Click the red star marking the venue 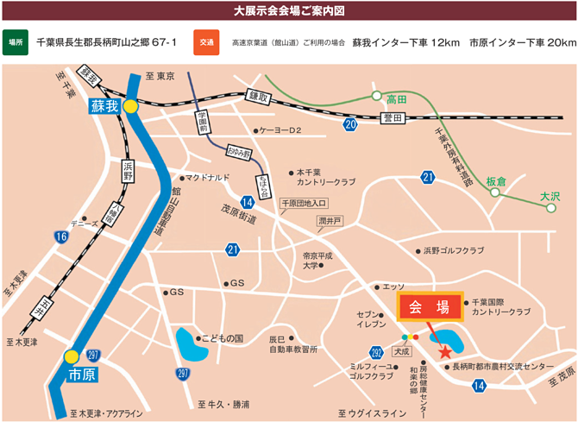[445, 351]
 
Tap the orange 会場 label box [429, 307]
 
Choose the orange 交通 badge [206, 41]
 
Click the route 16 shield [60, 236]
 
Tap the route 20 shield [349, 125]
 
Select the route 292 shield [376, 352]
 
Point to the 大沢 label [550, 197]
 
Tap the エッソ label [393, 286]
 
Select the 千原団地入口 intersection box [305, 204]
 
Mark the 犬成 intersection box [400, 351]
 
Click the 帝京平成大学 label [317, 261]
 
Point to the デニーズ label [84, 224]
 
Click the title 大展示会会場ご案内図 [289, 10]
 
